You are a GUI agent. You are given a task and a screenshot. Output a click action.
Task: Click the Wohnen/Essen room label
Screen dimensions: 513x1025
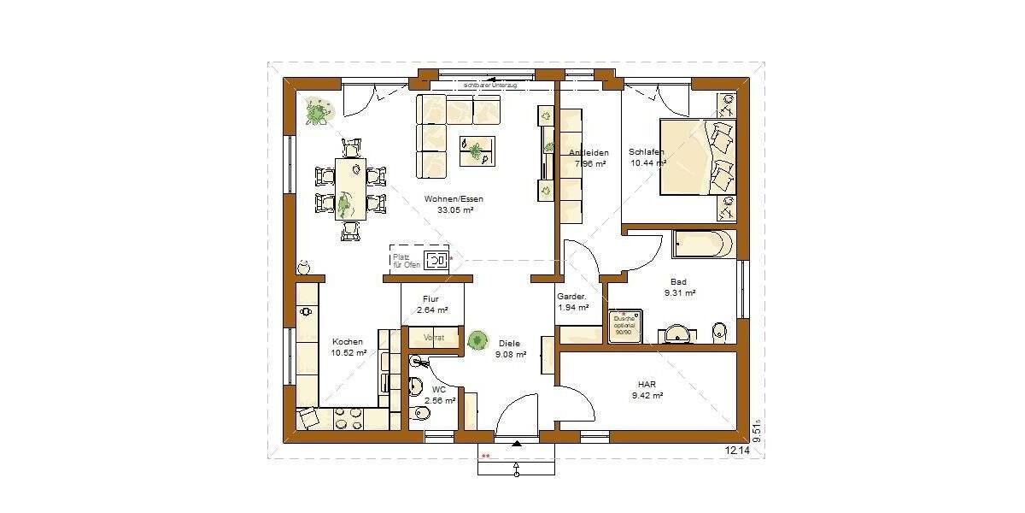[x=454, y=199]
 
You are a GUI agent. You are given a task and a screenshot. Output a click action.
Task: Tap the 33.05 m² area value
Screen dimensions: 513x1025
[x=454, y=210]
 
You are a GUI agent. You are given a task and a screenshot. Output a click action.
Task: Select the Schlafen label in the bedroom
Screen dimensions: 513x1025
[x=647, y=152]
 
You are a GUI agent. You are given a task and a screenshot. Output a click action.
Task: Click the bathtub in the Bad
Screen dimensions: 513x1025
[x=703, y=244]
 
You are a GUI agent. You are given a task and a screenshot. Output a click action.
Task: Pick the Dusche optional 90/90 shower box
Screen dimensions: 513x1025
[x=624, y=327]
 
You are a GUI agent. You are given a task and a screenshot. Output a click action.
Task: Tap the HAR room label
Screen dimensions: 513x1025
[x=647, y=385]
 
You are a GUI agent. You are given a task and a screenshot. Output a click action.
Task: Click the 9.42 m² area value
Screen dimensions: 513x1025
[x=647, y=396]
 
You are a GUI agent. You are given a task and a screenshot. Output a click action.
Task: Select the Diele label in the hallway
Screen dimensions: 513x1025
[x=510, y=343]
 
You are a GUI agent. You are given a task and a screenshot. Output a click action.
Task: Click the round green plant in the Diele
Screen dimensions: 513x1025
[x=477, y=339]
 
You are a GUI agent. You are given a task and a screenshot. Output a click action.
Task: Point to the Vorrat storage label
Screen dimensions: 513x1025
[x=434, y=339]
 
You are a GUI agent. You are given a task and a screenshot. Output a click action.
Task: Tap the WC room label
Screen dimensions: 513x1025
[x=439, y=389]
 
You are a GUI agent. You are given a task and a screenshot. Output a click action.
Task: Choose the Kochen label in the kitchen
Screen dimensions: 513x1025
[x=348, y=341]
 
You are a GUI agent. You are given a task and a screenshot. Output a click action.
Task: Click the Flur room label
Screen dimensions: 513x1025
[x=430, y=299]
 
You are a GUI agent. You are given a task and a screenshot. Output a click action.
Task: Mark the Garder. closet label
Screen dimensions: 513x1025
[x=572, y=297]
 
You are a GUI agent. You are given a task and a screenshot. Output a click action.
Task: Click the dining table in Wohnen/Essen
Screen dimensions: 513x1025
[x=350, y=189]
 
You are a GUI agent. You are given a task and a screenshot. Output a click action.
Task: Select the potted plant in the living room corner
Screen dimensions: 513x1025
[x=317, y=112]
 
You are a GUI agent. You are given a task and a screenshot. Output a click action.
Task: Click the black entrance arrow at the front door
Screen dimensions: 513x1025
[x=517, y=444]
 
